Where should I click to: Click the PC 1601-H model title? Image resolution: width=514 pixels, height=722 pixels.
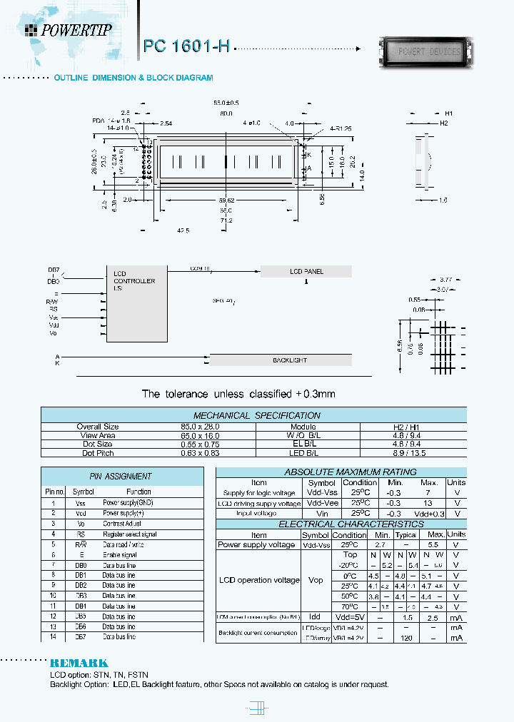186,46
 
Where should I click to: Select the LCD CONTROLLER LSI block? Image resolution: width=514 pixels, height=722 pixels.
134,281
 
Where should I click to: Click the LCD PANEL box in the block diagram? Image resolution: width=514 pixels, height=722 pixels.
306,271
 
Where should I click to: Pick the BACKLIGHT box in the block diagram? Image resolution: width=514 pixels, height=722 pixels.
289,360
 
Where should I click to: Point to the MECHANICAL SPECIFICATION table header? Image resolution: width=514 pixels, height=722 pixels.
256,415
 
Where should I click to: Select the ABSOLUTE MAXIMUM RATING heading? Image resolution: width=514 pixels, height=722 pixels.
340,472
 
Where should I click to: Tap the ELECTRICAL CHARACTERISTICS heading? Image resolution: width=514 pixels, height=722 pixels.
340,524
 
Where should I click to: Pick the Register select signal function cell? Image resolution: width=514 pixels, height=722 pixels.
129,534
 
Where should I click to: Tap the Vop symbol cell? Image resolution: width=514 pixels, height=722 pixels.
316,581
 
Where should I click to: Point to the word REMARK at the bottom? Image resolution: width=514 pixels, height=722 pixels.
79,663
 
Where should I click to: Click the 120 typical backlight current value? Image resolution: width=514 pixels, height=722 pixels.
405,638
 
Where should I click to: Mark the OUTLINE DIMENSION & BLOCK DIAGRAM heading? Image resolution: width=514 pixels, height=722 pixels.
133,77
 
